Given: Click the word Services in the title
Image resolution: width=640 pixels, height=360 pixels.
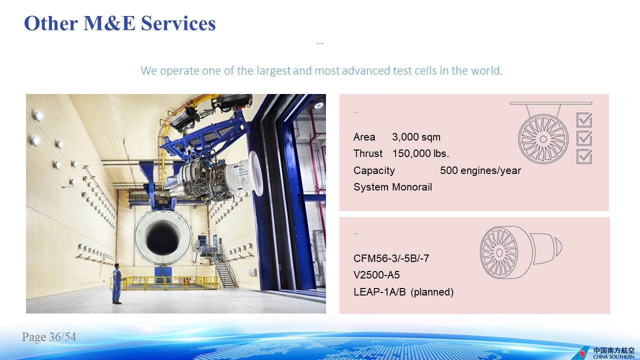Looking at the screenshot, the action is click(178, 23).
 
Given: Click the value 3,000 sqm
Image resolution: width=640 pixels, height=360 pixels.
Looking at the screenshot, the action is click(416, 137).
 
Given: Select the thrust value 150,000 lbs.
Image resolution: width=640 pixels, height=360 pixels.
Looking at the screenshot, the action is click(420, 153).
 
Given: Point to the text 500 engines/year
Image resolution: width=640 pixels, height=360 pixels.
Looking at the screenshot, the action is click(480, 170).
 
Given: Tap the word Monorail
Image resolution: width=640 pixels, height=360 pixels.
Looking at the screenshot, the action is click(412, 187).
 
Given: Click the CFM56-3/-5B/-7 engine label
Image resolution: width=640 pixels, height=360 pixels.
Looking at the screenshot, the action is click(391, 258).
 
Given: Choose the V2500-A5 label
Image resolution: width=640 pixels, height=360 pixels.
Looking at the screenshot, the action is click(376, 275).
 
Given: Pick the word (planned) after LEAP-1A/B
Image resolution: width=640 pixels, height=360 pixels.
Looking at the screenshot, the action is click(432, 292).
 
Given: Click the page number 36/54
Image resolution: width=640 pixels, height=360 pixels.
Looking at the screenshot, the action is click(62, 337).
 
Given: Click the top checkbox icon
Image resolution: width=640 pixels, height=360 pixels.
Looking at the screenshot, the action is click(584, 119).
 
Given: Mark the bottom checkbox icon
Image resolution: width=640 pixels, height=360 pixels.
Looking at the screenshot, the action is click(584, 156).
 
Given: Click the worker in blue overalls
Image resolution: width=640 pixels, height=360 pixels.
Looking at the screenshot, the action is click(116, 283).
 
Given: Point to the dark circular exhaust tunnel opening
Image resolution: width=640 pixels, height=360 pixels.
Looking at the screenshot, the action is click(163, 236).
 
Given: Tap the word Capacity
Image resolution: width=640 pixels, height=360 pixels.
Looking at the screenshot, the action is click(374, 170).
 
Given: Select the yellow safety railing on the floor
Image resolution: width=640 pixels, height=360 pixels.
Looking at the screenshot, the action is click(165, 283).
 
